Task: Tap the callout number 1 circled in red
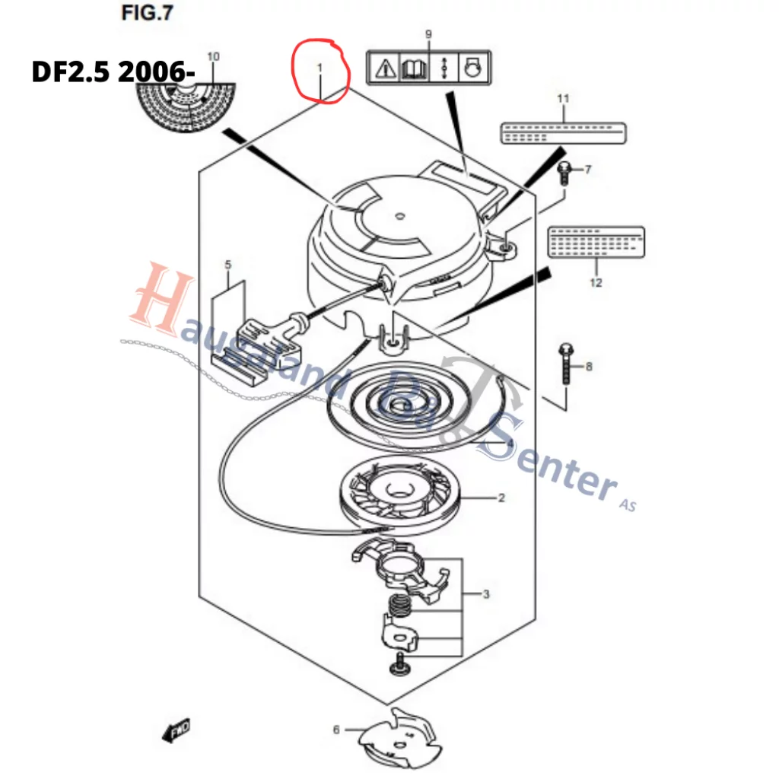[x=320, y=68]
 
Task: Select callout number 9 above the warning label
[x=428, y=34]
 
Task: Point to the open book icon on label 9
[x=413, y=69]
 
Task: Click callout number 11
[x=563, y=98]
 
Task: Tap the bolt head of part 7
[x=564, y=167]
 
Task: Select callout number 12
[x=596, y=283]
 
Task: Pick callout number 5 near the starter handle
[x=227, y=265]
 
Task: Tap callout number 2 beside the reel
[x=501, y=499]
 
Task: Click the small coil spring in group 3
[x=397, y=606]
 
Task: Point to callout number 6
[x=336, y=730]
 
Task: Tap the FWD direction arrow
[x=176, y=731]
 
